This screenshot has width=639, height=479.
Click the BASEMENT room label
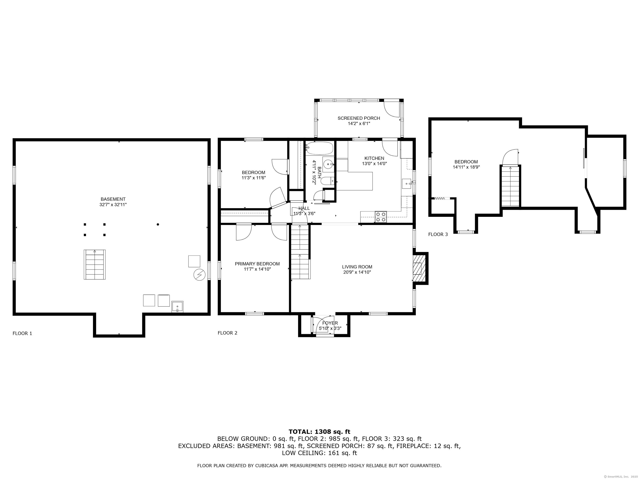113,199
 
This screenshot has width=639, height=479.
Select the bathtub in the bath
319,148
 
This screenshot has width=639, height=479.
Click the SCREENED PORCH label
359,118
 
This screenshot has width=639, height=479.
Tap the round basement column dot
158,224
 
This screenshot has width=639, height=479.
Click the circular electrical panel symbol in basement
199,275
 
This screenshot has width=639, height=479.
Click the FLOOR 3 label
438,235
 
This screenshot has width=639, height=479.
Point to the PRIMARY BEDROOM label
257,264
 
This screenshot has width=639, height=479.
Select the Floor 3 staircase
510,186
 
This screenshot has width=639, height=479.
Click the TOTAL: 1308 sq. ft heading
319,432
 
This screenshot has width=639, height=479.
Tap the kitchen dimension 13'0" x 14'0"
374,163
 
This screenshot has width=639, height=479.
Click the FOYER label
330,323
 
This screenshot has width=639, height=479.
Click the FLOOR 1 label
22,333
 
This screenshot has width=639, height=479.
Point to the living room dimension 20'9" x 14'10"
357,272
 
